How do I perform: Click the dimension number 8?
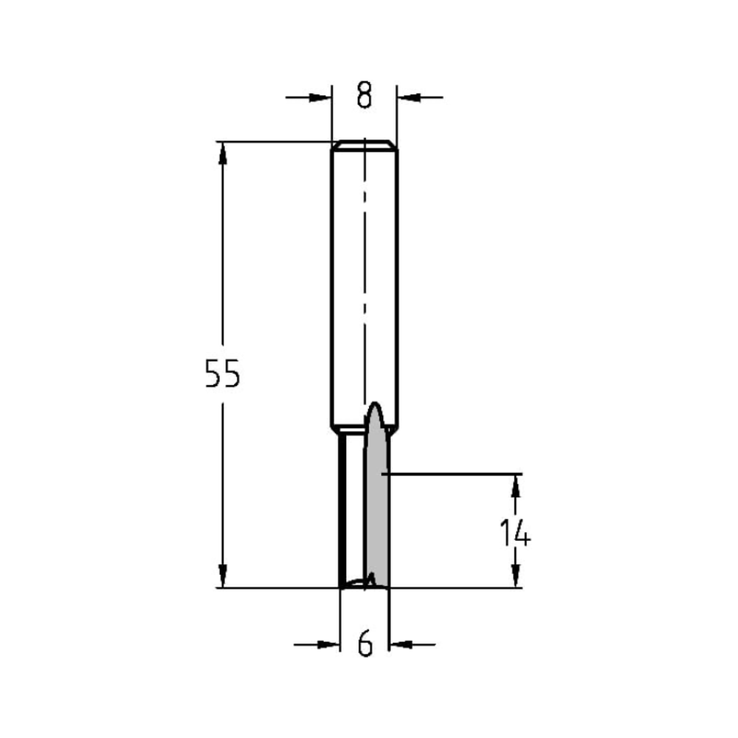(x=364, y=96)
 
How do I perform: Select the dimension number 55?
(x=222, y=374)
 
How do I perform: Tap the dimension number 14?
(x=515, y=533)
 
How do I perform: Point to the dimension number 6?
(x=365, y=644)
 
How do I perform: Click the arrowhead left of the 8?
(x=320, y=97)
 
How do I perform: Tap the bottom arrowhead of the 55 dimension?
(x=222, y=576)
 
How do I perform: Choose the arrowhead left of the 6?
(x=328, y=644)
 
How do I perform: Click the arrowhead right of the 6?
(x=401, y=644)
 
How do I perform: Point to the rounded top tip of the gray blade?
(x=375, y=407)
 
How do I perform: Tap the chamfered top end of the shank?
(x=364, y=144)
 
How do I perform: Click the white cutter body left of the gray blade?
(x=353, y=509)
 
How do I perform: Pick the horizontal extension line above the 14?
(x=458, y=473)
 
